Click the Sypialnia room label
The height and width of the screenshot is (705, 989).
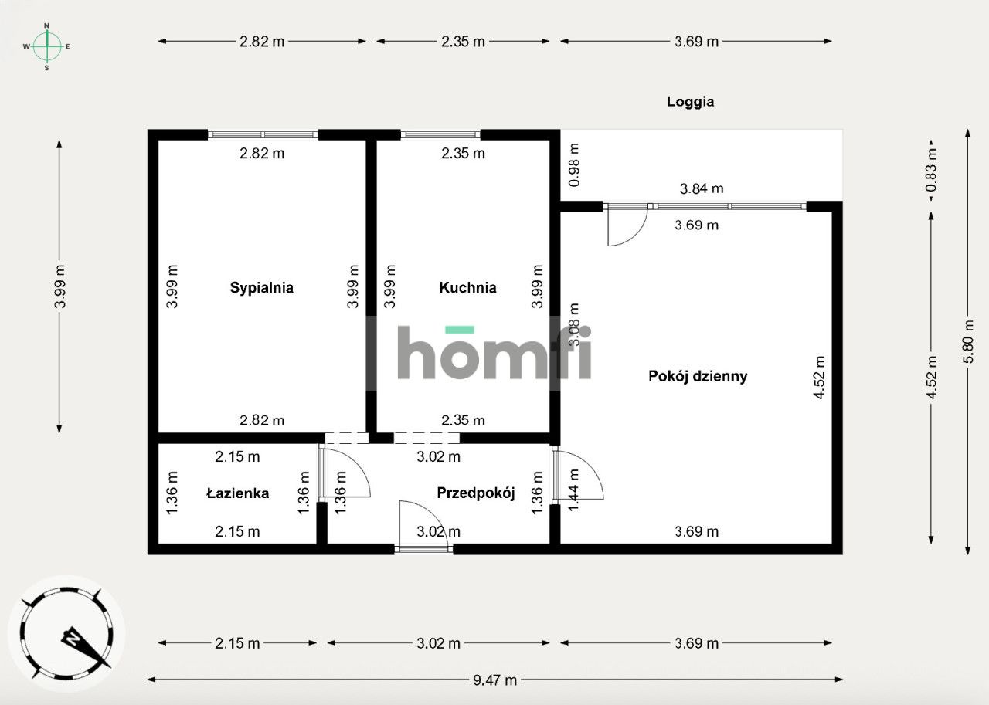[261, 288]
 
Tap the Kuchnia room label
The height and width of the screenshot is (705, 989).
[467, 288]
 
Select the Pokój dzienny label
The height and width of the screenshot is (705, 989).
[698, 377]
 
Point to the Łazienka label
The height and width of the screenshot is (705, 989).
[237, 493]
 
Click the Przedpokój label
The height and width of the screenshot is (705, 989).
[475, 493]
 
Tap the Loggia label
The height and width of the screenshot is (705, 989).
[690, 101]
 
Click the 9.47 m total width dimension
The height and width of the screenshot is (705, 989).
[495, 680]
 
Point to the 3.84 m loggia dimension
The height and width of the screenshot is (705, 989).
[701, 188]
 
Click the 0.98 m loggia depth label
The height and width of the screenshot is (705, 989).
[573, 164]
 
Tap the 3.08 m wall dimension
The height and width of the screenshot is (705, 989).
[573, 324]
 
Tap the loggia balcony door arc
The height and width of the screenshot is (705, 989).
[627, 228]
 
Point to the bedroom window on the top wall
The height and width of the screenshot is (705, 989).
[263, 134]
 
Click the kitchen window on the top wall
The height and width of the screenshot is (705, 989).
[440, 134]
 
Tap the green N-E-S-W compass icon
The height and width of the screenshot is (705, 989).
[47, 46]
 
